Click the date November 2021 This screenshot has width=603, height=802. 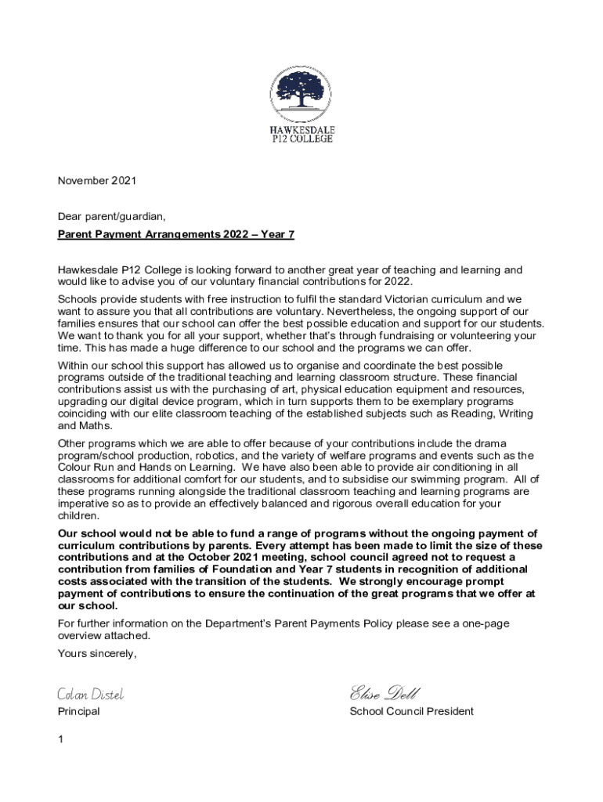point(97,181)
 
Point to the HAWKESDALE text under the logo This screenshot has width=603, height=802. point(301,130)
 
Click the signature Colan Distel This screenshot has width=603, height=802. point(91,694)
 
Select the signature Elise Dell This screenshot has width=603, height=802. point(385,693)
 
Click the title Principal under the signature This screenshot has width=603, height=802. point(79,712)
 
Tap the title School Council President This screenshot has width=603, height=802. point(411,712)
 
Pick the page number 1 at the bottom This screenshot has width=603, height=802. point(61,739)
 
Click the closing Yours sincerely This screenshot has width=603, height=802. point(98,654)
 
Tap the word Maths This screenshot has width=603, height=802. point(96,425)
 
